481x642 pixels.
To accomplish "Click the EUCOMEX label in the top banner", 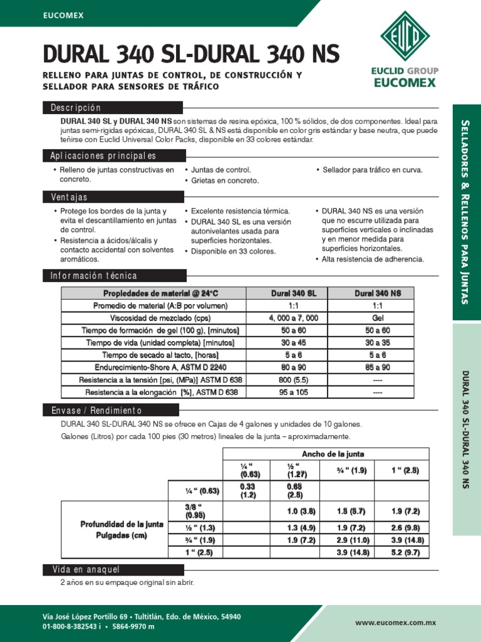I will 63,14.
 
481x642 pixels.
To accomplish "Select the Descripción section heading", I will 75,108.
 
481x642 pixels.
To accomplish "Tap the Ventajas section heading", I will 69,197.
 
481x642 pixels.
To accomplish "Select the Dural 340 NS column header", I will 378,293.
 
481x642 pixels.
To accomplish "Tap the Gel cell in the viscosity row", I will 378,318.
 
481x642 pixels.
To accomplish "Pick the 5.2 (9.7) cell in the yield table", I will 402,552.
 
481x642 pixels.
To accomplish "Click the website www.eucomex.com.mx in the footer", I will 395,623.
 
